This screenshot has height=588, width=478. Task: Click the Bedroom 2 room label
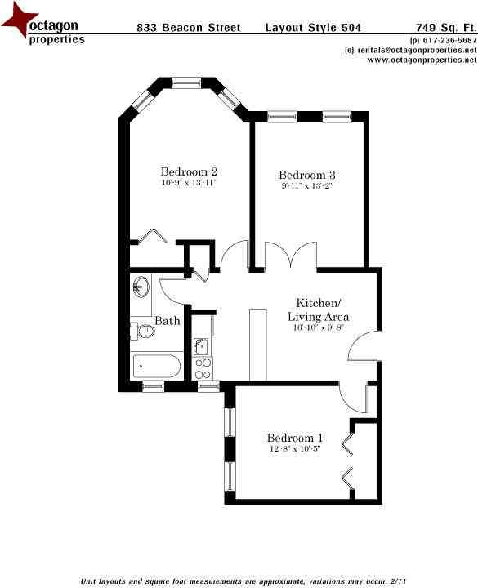pos(189,171)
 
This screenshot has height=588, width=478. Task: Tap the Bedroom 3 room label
pos(307,175)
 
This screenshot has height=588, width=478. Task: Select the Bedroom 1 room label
pos(294,438)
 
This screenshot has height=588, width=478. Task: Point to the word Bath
pos(168,321)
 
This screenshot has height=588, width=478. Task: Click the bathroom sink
pos(141,287)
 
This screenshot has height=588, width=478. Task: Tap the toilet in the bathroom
pos(143,331)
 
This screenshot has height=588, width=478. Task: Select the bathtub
pos(157,366)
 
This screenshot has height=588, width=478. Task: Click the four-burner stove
pos(203,368)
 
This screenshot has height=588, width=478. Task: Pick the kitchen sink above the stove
pos(202,346)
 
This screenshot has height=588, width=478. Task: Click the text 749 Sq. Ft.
pos(446,28)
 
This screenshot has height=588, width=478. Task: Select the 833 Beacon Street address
pos(189,28)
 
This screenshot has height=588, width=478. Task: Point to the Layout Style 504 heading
pos(313,28)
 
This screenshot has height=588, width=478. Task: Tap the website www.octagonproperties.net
pos(422,60)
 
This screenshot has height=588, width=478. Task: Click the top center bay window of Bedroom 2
pos(186,82)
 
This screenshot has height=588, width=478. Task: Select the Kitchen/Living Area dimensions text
pos(318,327)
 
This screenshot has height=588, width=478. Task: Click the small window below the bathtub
pos(153,386)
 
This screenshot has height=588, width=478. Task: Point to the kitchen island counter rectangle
pos(257,345)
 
